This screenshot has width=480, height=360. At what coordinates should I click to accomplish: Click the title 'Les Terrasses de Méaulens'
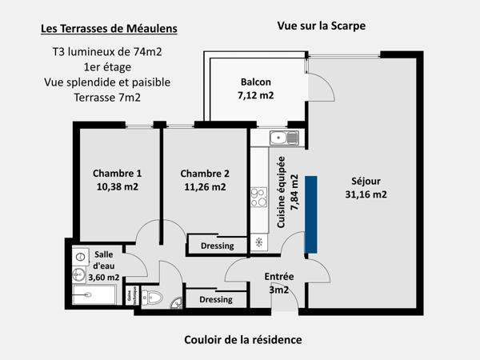coord(109,30)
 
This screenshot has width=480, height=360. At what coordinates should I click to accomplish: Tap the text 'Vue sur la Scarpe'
coord(321,26)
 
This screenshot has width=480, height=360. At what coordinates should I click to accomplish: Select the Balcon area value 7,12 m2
coord(255,95)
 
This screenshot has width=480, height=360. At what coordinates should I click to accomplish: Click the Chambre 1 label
coord(117,174)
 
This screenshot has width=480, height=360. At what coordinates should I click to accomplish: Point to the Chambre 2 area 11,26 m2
coord(205,187)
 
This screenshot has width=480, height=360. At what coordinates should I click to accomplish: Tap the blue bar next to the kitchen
coord(311,214)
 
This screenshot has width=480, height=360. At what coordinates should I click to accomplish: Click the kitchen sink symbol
coord(283,138)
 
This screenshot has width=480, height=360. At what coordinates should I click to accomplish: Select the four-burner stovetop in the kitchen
coord(258,197)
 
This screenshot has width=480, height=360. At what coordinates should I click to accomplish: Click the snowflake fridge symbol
coord(258,242)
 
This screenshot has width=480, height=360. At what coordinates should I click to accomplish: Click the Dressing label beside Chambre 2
coord(217,246)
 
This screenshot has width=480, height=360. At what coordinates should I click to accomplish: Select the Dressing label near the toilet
coord(215,299)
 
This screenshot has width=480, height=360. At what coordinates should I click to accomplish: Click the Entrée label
coord(279,277)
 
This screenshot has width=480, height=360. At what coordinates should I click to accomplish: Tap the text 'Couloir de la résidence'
coord(243,339)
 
